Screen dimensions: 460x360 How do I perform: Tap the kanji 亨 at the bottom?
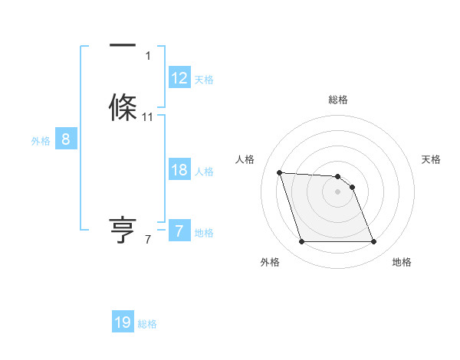point(123,230)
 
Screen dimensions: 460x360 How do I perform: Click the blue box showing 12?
point(179,78)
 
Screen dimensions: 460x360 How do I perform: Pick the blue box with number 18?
point(179,170)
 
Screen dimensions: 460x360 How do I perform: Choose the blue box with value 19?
point(123,322)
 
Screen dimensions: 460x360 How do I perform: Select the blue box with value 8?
point(66,139)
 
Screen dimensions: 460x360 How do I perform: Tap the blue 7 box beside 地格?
point(179,231)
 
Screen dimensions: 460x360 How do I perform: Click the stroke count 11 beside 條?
point(148,117)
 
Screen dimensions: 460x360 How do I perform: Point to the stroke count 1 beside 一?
point(148,56)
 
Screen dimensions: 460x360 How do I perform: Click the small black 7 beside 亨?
point(148,240)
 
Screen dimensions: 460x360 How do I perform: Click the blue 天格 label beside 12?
point(204,80)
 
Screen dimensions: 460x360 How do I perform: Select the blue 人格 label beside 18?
point(204,172)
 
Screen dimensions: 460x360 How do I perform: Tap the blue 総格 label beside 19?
point(147,324)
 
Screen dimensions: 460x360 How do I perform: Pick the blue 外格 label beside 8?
point(41,141)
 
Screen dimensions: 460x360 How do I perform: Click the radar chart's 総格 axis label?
point(338,100)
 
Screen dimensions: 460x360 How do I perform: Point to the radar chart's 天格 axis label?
point(432,159)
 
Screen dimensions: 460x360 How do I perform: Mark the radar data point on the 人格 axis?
point(279,172)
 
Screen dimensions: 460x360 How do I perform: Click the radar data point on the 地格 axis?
point(373,242)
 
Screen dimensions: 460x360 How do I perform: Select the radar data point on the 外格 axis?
point(301,242)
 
